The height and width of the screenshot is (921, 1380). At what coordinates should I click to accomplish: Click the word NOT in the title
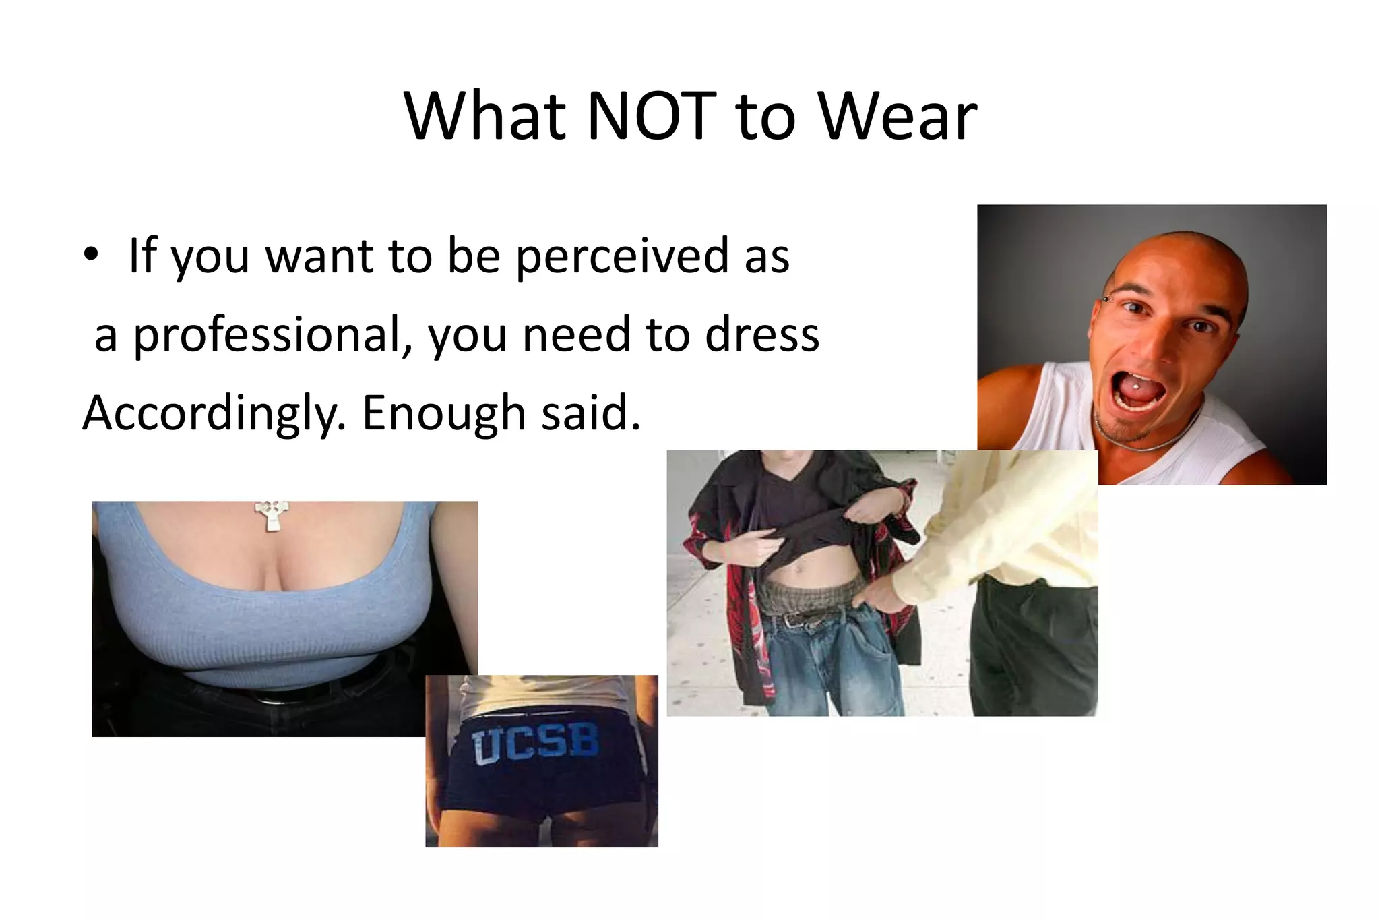coord(651,116)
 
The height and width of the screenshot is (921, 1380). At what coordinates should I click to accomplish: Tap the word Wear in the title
coord(897,116)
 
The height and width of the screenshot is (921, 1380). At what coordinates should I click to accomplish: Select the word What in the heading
coord(484,116)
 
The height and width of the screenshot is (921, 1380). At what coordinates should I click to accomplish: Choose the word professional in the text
coord(272,335)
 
